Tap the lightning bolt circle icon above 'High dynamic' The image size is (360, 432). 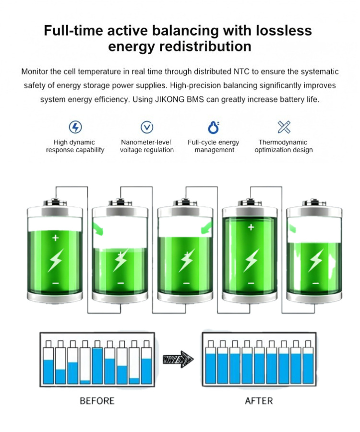click(x=75, y=127)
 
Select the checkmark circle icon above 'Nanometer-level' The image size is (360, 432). click(x=147, y=127)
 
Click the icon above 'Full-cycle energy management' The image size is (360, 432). click(x=214, y=127)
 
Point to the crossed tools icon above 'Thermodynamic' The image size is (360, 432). click(x=284, y=127)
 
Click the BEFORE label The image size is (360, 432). click(x=97, y=401)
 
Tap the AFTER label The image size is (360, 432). click(x=259, y=401)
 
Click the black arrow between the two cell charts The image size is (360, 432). click(x=178, y=359)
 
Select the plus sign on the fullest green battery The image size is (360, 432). click(x=251, y=228)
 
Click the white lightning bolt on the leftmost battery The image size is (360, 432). click(x=56, y=260)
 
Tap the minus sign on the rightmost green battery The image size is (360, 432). click(x=316, y=283)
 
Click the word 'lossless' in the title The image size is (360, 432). click(x=284, y=30)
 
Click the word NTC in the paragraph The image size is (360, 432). click(x=241, y=72)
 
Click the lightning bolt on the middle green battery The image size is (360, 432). click(x=187, y=260)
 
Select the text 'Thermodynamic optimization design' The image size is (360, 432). click(x=284, y=146)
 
